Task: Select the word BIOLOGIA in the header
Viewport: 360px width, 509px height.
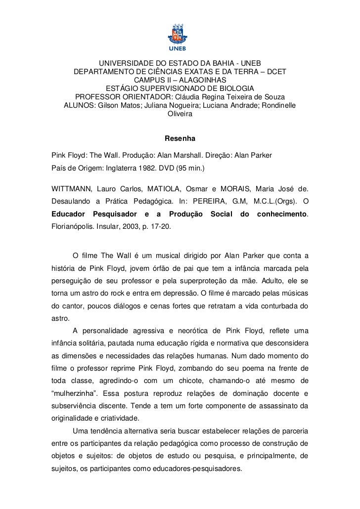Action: pos(244,88)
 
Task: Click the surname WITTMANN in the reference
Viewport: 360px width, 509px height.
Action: pos(71,190)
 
